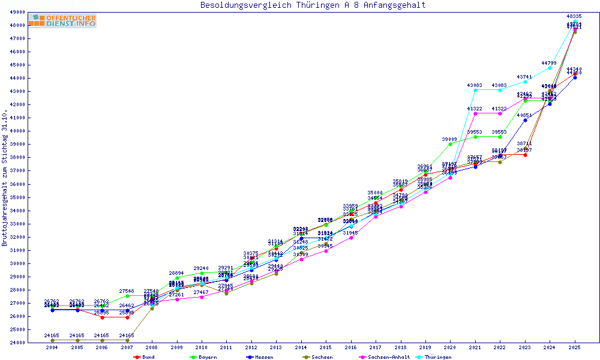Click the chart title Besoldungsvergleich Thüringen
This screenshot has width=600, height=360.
click(313, 5)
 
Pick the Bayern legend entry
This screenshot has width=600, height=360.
click(203, 356)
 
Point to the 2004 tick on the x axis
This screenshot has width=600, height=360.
click(52, 347)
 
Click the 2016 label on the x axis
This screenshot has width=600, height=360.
click(350, 347)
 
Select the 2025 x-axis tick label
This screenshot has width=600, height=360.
click(574, 347)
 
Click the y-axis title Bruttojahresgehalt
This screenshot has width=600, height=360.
click(5, 178)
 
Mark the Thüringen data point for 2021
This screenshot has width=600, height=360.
click(475, 91)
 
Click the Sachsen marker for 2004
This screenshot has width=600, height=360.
click(52, 340)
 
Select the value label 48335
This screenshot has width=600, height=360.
click(574, 16)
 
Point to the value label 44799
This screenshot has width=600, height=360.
click(550, 63)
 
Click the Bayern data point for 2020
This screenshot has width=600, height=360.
click(450, 144)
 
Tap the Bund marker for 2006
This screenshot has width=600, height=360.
click(102, 317)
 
